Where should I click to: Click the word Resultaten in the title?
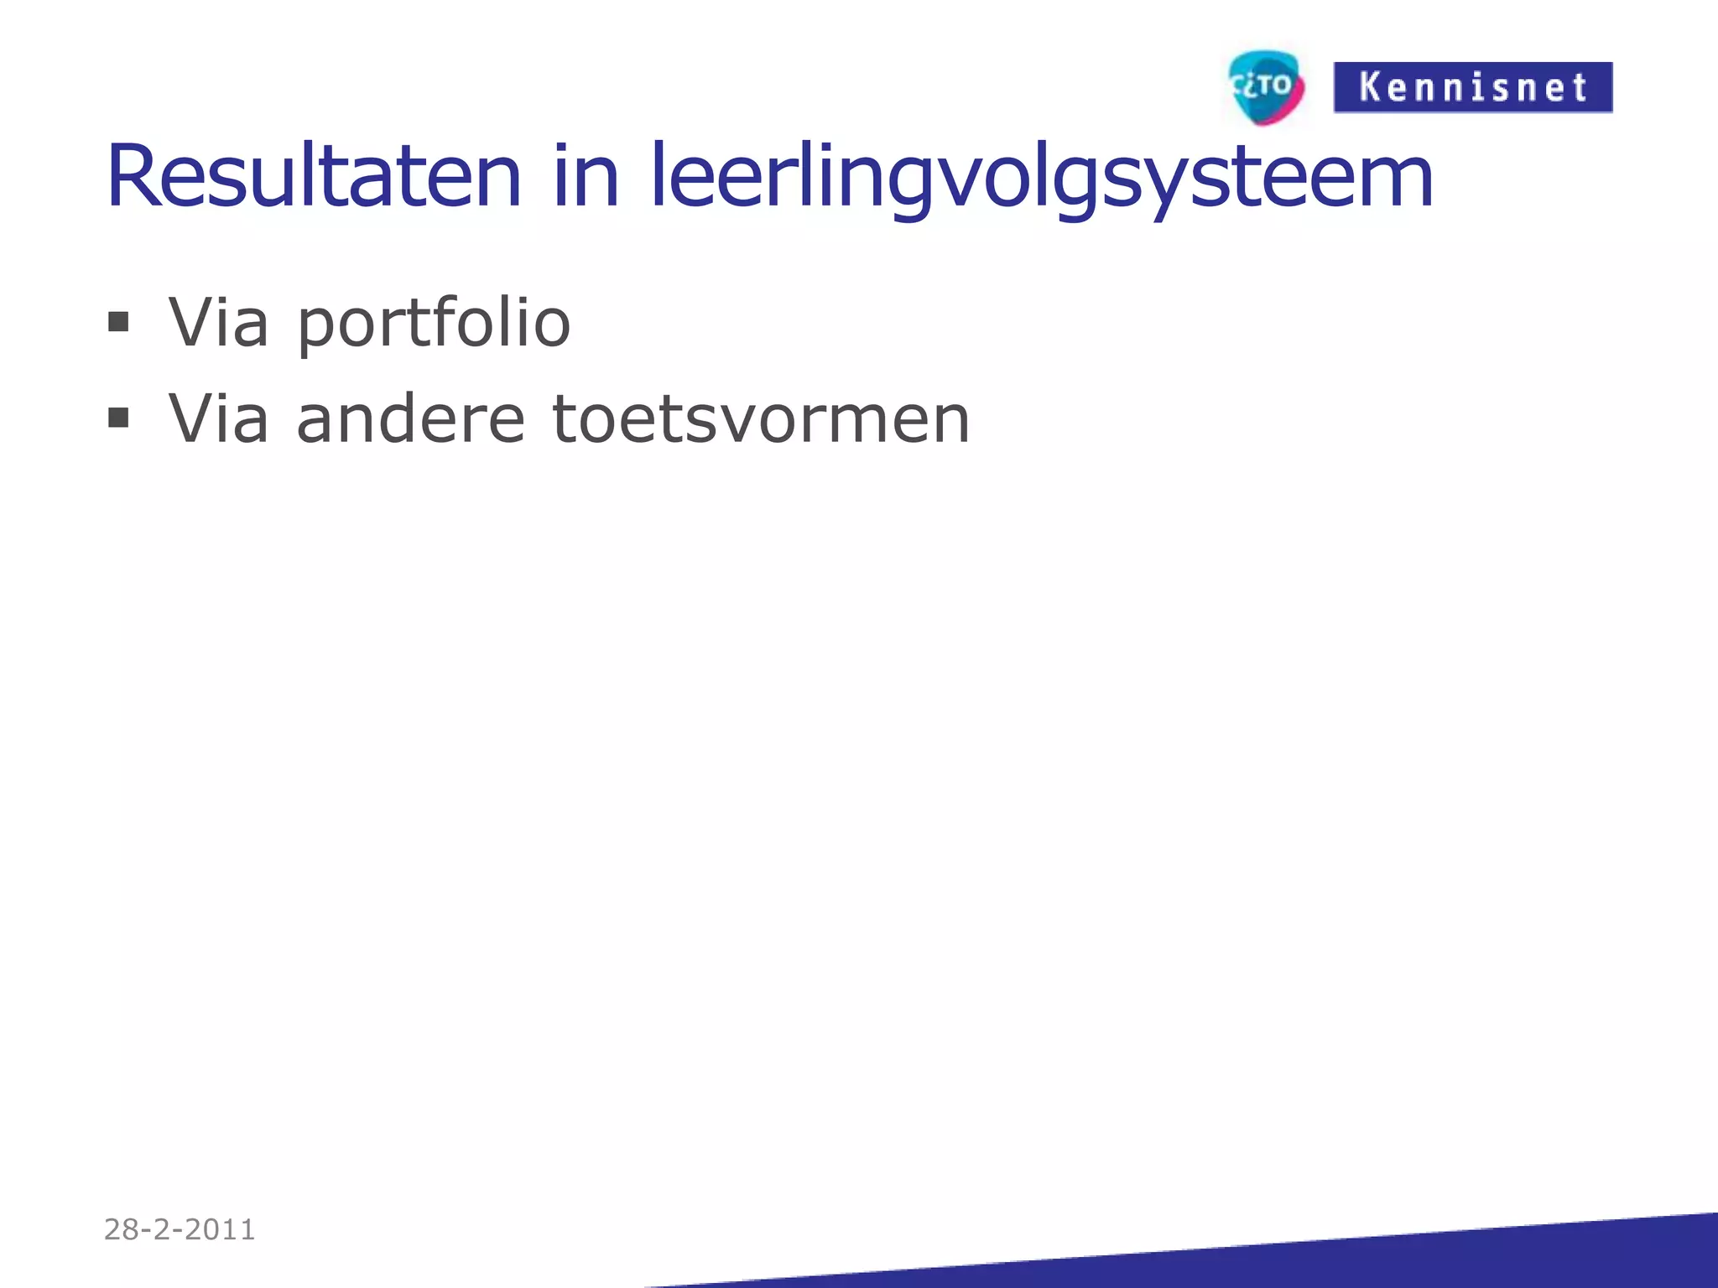[314, 177]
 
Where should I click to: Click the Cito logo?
[1265, 87]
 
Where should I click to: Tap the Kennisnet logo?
[1472, 87]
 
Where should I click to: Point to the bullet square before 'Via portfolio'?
[118, 322]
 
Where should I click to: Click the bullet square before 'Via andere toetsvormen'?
[118, 418]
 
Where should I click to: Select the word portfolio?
[434, 324]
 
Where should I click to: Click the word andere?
[410, 418]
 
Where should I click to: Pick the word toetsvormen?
[761, 418]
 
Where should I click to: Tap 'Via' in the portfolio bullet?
[218, 322]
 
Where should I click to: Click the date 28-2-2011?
[180, 1229]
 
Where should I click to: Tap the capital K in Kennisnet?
[1370, 87]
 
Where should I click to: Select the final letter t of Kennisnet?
[1579, 88]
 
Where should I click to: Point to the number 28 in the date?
[122, 1229]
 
